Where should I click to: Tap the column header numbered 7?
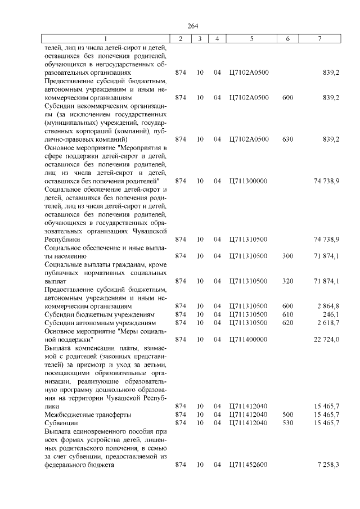point(319,38)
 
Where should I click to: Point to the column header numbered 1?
point(105,38)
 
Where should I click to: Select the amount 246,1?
point(330,314)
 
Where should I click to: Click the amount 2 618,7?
point(327,323)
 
